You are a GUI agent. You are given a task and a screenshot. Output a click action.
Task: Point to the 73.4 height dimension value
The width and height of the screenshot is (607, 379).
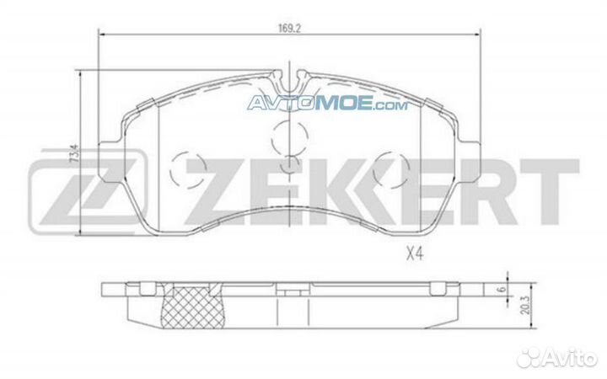click(x=74, y=156)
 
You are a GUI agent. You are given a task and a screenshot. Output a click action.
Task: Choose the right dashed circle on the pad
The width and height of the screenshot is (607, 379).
click(x=391, y=169)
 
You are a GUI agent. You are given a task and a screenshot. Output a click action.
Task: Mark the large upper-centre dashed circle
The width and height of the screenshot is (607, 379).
click(x=291, y=133)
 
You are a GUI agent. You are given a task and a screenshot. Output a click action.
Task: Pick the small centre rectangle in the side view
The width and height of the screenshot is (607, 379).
click(x=290, y=292)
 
